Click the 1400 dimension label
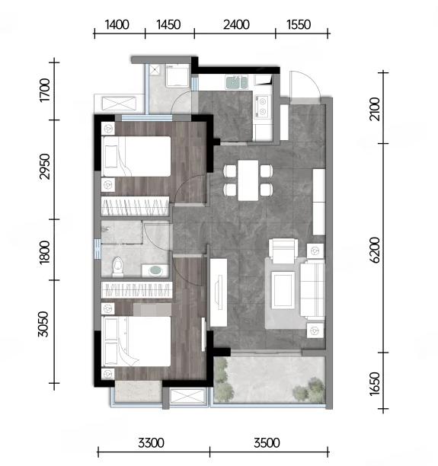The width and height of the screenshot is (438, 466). (x=117, y=24)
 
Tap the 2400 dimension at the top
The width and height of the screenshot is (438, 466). (x=236, y=24)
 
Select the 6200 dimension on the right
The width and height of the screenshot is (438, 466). (x=376, y=250)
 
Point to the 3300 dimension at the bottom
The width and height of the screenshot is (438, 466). (x=151, y=443)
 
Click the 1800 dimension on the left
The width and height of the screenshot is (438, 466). (x=44, y=252)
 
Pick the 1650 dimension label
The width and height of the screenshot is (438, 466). (x=376, y=384)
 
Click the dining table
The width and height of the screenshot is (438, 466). (x=248, y=180)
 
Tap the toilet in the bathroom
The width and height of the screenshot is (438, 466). (x=118, y=267)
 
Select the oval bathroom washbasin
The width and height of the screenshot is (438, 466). (x=156, y=271)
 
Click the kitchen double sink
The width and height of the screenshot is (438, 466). (x=237, y=82)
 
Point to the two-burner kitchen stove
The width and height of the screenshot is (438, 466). (x=262, y=107)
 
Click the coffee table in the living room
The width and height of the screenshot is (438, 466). (x=283, y=291)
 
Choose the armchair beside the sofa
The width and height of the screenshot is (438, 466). (x=283, y=251)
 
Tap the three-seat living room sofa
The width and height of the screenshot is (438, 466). (x=312, y=288)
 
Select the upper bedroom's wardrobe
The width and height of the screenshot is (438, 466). (x=135, y=206)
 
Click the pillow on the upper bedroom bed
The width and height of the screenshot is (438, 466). (x=111, y=157)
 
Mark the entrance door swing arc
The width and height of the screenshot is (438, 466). (x=312, y=80)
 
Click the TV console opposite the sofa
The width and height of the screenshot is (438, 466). (x=219, y=292)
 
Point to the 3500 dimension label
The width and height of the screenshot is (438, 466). (x=267, y=443)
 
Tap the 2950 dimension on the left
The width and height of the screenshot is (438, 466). (x=44, y=167)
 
